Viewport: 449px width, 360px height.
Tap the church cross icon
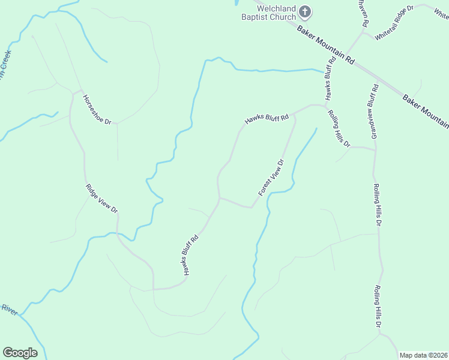305,11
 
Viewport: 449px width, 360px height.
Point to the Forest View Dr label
271,177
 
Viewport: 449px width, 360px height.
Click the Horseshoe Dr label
97,109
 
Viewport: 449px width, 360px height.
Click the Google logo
20,352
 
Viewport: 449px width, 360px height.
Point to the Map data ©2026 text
423,355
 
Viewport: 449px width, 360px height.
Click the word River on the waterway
8,308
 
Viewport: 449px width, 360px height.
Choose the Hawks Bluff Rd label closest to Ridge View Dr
190,255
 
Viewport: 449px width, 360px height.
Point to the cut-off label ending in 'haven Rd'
363,12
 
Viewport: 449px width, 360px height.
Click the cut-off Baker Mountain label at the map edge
426,111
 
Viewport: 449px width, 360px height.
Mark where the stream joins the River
22,313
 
